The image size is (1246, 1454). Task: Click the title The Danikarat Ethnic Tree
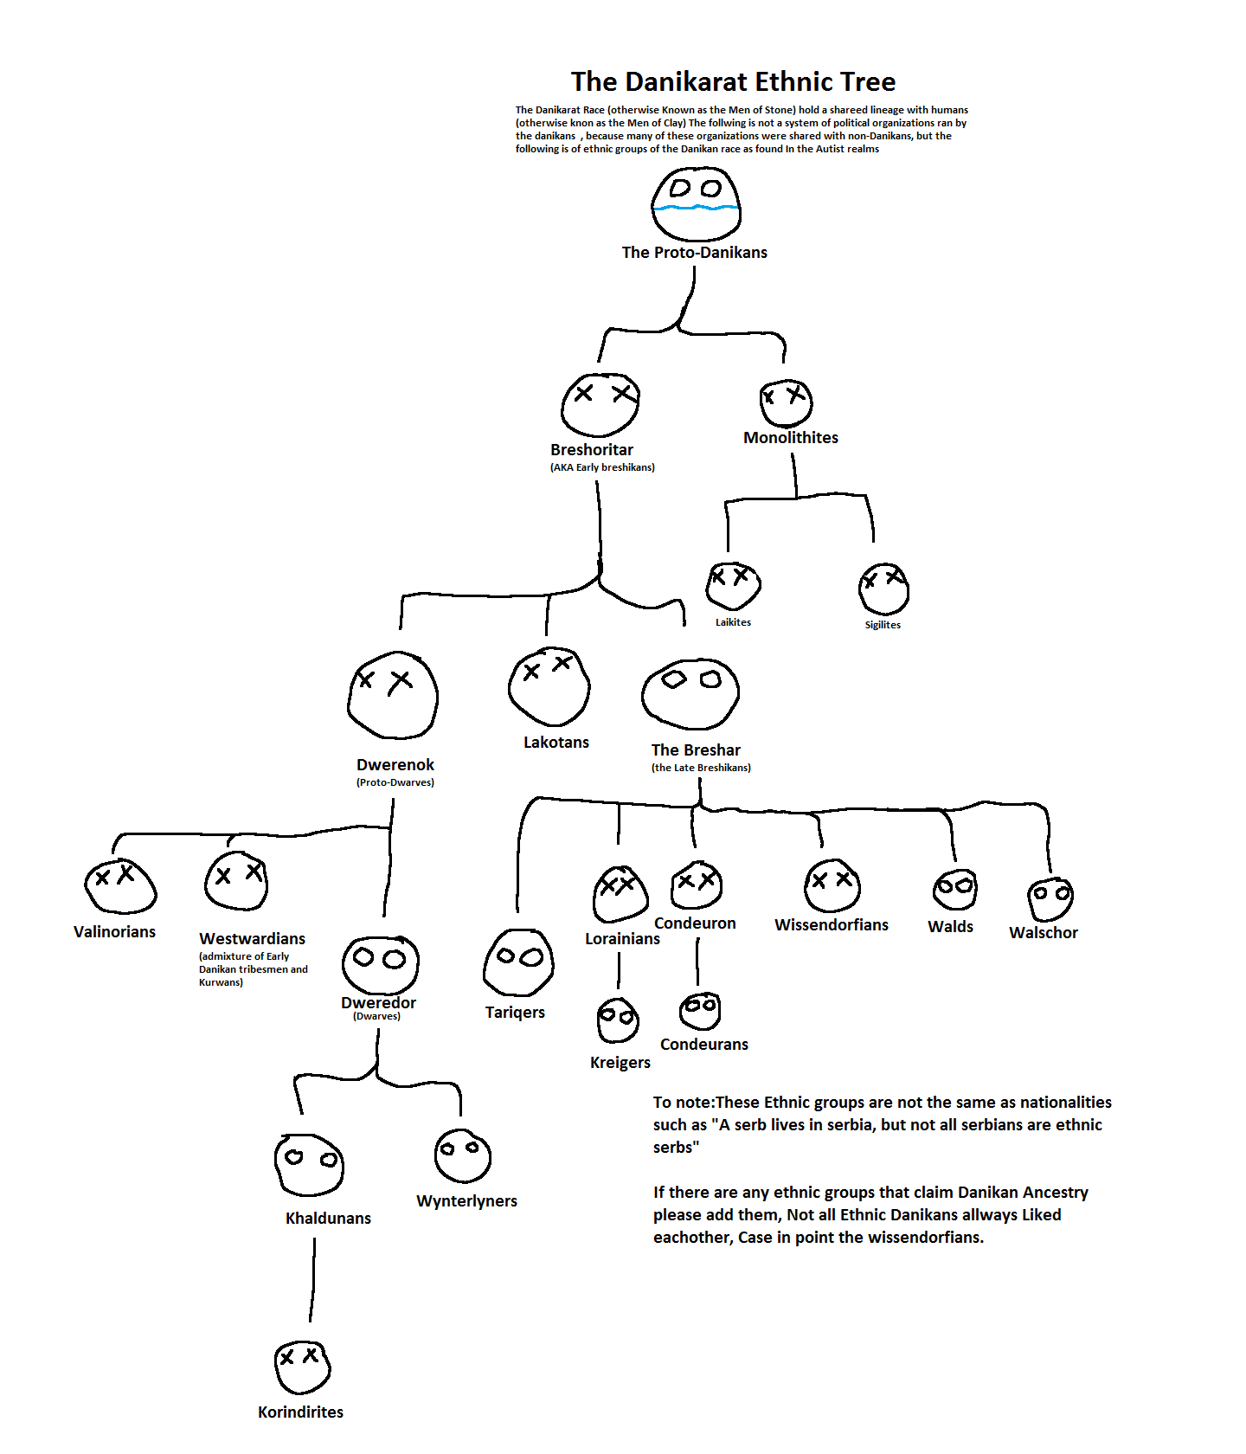(733, 81)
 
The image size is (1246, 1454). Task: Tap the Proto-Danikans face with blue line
(696, 204)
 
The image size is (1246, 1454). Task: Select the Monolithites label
(790, 438)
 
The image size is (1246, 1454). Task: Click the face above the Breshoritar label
(601, 404)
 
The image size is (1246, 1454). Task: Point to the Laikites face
(733, 585)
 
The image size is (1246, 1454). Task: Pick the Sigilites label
(883, 625)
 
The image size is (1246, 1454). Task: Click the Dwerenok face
(393, 694)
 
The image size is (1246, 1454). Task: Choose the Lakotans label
(556, 743)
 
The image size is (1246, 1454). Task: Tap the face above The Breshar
(690, 693)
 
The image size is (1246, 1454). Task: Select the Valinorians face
(120, 886)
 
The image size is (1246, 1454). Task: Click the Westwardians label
(252, 939)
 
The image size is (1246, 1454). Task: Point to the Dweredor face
(380, 964)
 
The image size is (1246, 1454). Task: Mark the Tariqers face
(518, 962)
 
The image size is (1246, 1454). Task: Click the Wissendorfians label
(831, 925)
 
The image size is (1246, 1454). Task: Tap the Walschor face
(1050, 899)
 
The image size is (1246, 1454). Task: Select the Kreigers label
(620, 1063)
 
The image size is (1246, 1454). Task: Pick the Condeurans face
(700, 1011)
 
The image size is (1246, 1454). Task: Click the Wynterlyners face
(463, 1155)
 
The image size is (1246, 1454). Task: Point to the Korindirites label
(300, 1412)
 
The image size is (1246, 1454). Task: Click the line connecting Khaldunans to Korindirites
(312, 1281)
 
